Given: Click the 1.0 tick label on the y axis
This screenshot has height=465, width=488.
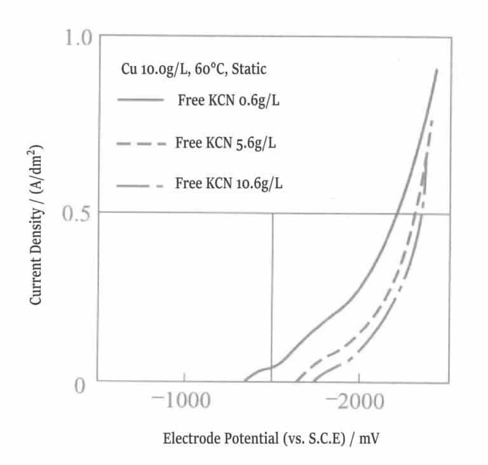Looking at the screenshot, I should (79, 39).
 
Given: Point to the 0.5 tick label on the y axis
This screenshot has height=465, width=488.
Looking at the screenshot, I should (79, 213).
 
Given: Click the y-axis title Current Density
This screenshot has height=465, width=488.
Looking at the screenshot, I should (36, 223).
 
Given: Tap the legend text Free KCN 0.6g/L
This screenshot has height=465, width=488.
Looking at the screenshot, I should (228, 102).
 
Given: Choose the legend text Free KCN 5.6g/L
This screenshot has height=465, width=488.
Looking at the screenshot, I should (226, 143).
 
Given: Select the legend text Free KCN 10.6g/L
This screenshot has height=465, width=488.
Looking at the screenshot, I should (229, 184).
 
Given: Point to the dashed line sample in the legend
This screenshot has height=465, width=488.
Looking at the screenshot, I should (140, 144).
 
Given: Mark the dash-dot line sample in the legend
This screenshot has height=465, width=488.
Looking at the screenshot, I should (140, 185).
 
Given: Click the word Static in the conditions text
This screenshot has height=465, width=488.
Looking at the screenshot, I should (249, 69).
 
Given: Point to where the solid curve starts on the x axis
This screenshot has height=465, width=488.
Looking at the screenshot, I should (244, 382).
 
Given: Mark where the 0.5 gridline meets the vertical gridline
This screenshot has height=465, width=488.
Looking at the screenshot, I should (273, 213).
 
